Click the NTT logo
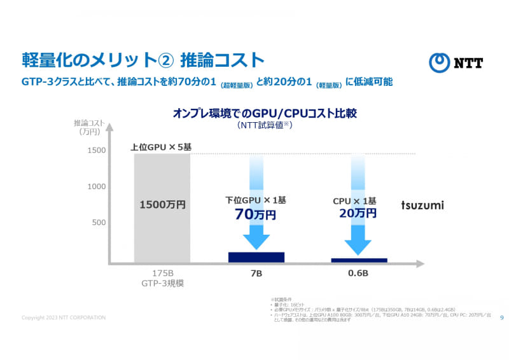pyautogui.click(x=456, y=62)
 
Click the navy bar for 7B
pyautogui.click(x=256, y=257)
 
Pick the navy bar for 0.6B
pyautogui.click(x=359, y=260)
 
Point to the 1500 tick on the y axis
pyautogui.click(x=97, y=150)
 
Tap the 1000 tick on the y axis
pyautogui.click(x=97, y=186)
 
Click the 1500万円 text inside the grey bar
pyautogui.click(x=162, y=205)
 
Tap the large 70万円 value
pyautogui.click(x=256, y=215)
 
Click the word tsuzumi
pyautogui.click(x=422, y=205)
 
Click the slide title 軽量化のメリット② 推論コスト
pyautogui.click(x=143, y=60)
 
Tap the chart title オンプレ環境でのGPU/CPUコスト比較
pyautogui.click(x=265, y=113)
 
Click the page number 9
pyautogui.click(x=502, y=317)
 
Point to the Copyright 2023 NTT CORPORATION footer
pyautogui.click(x=64, y=317)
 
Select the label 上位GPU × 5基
pyautogui.click(x=161, y=147)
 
